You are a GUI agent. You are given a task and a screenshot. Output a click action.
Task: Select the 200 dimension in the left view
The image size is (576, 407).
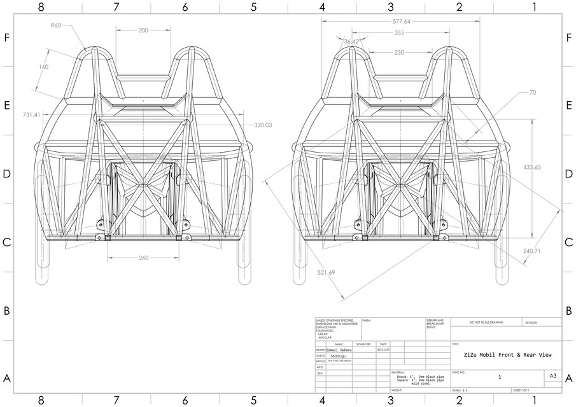coord(143,30)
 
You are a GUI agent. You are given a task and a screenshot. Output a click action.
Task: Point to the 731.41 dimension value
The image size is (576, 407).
coord(32,114)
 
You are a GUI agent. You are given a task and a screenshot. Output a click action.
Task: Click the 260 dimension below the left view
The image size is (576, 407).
coord(143,258)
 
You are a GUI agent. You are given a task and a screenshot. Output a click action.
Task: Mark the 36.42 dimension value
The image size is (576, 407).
coord(351,42)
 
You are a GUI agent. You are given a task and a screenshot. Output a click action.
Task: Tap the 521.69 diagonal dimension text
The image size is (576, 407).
coord(327,272)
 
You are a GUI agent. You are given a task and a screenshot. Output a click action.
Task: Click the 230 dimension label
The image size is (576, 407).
coord(399,53)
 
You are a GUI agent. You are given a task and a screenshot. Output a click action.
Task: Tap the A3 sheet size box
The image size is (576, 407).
coord(552,376)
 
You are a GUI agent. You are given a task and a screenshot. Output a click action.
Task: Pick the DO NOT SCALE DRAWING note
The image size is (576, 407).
coord(486,322)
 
